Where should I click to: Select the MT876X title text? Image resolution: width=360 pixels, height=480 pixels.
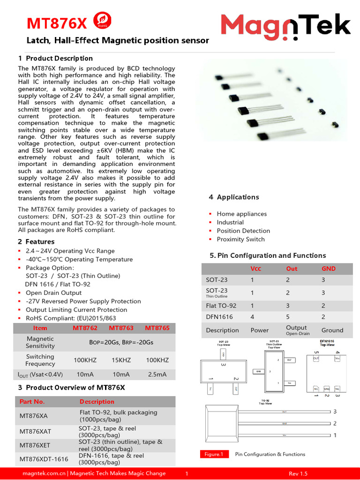(57, 23)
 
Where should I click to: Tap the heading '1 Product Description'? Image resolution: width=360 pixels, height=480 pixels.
(55, 58)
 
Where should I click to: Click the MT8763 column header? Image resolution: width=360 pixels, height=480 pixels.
(121, 328)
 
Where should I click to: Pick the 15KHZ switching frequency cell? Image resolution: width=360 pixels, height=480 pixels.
(121, 360)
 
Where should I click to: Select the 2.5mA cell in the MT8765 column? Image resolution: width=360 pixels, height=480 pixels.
(157, 375)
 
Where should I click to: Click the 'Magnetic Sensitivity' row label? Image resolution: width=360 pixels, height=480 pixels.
(40, 342)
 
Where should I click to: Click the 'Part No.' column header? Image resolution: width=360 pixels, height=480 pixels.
(32, 402)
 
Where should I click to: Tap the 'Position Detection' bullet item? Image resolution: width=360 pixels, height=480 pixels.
(243, 231)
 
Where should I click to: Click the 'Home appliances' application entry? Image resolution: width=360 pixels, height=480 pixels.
(241, 214)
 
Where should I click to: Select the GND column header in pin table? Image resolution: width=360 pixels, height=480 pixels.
(328, 269)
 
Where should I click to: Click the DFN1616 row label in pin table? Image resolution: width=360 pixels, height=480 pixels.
(219, 317)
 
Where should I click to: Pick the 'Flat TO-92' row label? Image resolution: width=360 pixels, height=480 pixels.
(221, 306)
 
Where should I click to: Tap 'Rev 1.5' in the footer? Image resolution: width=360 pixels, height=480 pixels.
(298, 473)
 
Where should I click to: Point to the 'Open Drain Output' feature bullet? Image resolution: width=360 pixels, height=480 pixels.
(53, 292)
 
